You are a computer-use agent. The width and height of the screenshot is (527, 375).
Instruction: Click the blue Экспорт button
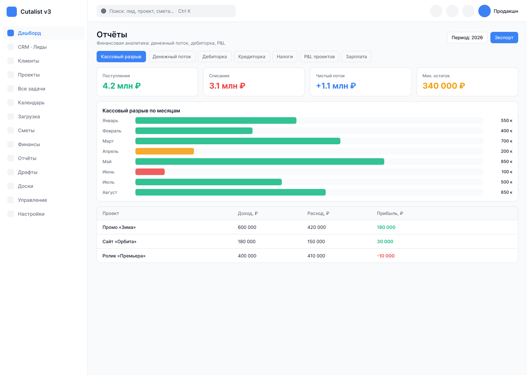coord(504,37)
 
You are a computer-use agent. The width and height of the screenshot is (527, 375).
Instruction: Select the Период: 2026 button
coord(467,37)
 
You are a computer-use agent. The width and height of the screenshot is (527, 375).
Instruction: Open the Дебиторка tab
coord(214,56)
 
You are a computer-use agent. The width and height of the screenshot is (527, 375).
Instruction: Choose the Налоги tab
coord(285,56)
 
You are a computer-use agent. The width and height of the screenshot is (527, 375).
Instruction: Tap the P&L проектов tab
coord(319,56)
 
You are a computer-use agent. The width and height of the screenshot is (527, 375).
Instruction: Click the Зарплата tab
coord(356,56)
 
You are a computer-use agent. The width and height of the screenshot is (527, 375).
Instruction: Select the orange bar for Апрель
coord(164,151)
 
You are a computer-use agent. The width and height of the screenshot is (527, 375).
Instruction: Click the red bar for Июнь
coord(150,172)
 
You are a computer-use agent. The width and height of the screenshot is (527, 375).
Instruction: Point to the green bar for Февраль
coord(194,131)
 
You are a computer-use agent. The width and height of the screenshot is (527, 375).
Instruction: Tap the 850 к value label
coord(506,161)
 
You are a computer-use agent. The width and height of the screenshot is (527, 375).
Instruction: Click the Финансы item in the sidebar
coord(29,144)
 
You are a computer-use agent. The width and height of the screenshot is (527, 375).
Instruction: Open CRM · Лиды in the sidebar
coord(32,47)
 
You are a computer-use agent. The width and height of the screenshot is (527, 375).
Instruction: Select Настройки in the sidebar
coord(31,214)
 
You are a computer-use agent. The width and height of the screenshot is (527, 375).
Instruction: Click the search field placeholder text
coord(142,11)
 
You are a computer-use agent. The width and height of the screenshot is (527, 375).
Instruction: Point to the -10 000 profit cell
coord(386,256)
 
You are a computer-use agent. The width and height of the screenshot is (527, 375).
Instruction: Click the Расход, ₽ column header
coord(318,213)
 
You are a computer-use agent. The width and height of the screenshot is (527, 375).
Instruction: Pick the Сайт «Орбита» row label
coord(119,241)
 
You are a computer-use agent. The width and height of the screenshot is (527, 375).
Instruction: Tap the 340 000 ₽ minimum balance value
coord(444,86)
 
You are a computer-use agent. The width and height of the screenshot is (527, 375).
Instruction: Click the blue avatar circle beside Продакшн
coord(484,11)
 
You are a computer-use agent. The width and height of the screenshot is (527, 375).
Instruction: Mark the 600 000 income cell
coord(247,227)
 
